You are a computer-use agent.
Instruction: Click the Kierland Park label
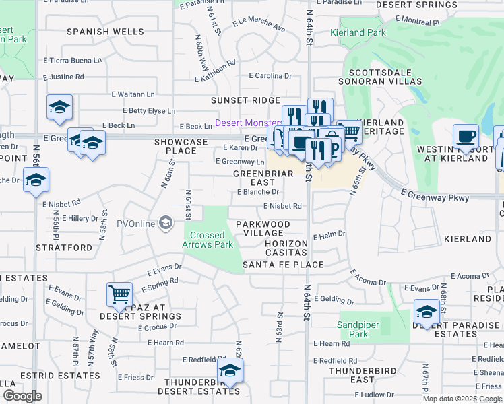tap(357, 32)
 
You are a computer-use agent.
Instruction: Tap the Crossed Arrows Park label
tap(207, 240)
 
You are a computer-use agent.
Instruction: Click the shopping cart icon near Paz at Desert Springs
tap(119, 294)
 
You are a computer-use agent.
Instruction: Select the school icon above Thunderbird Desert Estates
tap(230, 370)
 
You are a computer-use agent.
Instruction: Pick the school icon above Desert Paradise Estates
tap(427, 311)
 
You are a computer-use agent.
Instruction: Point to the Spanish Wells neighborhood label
tap(104, 32)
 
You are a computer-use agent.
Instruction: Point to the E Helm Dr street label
tap(329, 236)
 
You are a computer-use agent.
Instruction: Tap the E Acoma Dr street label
tap(369, 278)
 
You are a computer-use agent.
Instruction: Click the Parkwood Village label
tap(263, 228)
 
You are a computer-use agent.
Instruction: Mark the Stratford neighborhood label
tap(69, 248)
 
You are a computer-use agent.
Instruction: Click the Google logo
tap(22, 396)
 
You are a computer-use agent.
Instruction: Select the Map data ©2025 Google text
tap(462, 399)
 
